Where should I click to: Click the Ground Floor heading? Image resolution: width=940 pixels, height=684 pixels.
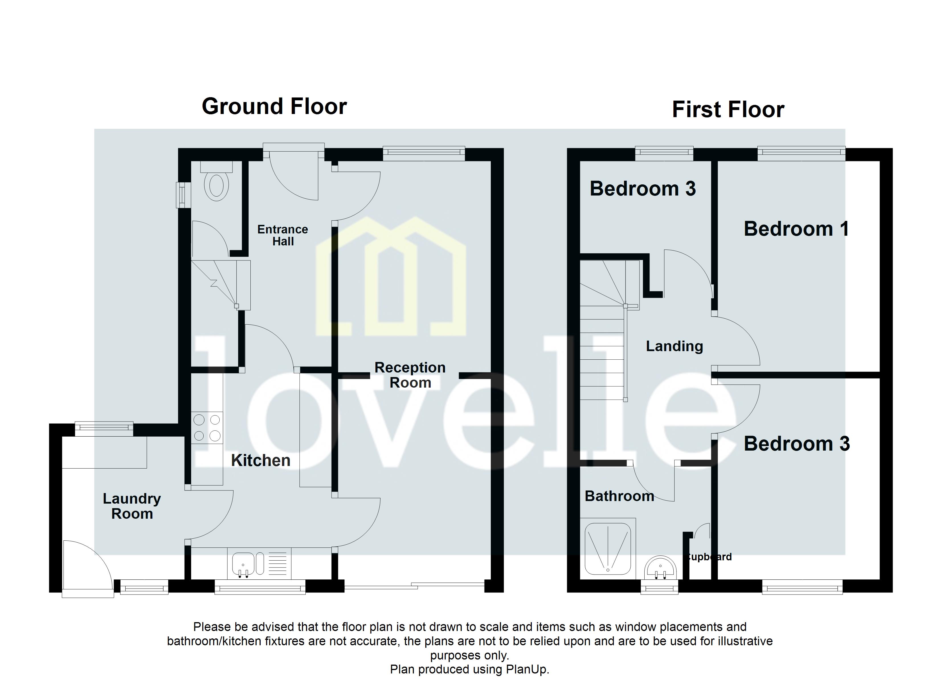274,107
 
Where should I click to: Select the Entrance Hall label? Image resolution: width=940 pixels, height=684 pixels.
283,235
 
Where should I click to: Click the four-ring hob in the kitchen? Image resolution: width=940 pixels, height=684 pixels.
207,428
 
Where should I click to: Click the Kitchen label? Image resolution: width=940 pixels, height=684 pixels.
260,461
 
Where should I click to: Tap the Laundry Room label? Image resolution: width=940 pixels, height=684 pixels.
132,506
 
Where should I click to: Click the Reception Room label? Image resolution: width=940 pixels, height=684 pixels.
410,375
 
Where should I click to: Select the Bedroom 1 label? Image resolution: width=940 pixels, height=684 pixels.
796,229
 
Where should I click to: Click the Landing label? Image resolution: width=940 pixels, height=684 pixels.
674,346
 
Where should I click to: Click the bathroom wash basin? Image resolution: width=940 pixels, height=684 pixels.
660,568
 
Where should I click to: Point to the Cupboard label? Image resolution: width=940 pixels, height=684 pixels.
709,557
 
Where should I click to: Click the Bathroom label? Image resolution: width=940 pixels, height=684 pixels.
619,496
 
